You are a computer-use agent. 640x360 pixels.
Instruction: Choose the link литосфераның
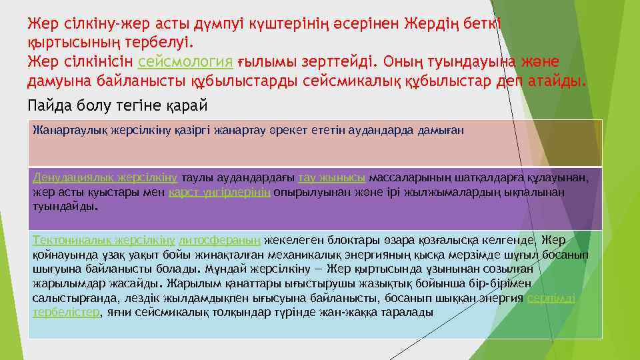220,240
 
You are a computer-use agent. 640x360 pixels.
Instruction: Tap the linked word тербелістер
65,312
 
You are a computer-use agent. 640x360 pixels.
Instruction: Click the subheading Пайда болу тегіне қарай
117,105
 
